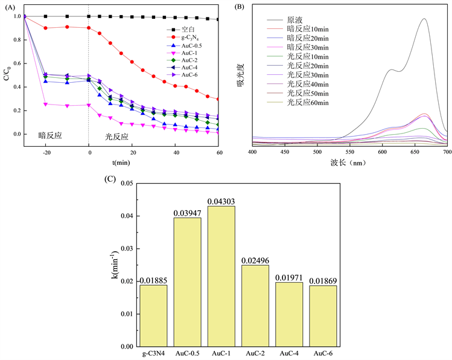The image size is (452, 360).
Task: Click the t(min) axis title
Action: [x=121, y=162]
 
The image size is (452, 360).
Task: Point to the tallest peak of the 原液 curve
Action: [x=424, y=18]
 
